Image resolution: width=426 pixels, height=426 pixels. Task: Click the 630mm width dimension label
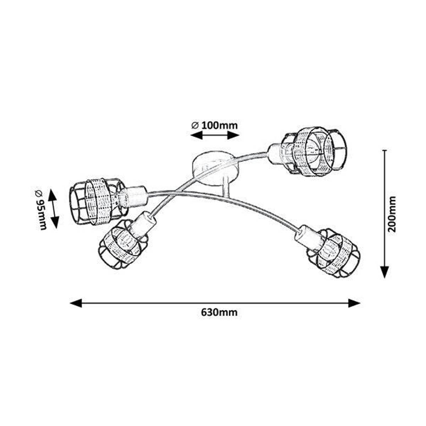click(x=219, y=313)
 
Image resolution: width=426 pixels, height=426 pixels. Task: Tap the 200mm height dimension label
click(x=392, y=214)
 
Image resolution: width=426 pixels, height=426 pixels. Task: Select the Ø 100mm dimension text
click(x=214, y=126)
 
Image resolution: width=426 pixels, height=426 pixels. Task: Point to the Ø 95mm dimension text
click(x=41, y=207)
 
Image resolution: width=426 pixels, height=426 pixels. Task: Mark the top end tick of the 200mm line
click(x=385, y=150)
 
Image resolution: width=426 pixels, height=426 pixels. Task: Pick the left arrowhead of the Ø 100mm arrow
click(x=197, y=135)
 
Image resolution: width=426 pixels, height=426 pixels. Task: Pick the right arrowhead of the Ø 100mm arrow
click(x=233, y=135)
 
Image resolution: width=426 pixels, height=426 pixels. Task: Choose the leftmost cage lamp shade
click(x=98, y=205)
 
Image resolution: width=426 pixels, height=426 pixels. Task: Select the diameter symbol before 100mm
click(x=195, y=126)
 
